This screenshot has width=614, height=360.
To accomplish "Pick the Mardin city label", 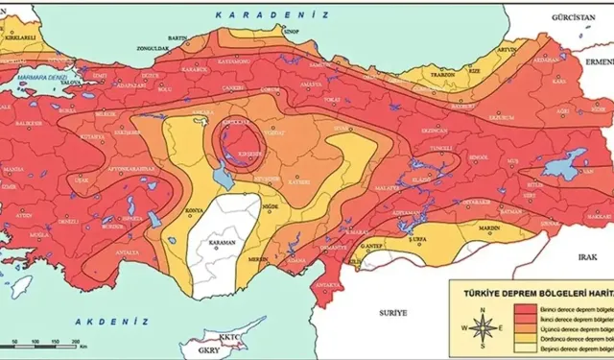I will coord(488,228).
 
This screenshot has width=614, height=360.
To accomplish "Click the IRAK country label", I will coord(588,258).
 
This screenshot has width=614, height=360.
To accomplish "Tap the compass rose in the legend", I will coord(484,322).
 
